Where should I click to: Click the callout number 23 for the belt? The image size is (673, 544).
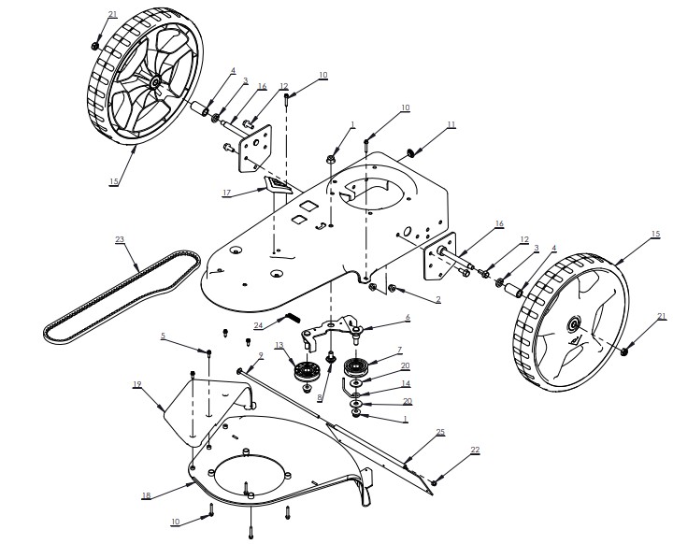click(119, 239)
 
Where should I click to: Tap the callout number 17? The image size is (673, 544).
click(226, 193)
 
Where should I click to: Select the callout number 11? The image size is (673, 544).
click(451, 123)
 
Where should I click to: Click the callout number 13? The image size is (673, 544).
click(279, 346)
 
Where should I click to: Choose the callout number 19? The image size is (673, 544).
click(136, 384)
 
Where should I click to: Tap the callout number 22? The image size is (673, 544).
click(475, 451)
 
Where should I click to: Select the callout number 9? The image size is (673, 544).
click(260, 355)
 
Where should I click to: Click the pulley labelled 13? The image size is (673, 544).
click(306, 372)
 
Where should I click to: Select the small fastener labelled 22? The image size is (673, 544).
click(434, 480)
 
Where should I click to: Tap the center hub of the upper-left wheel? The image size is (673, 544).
click(151, 83)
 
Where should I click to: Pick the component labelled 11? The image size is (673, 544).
click(410, 150)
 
